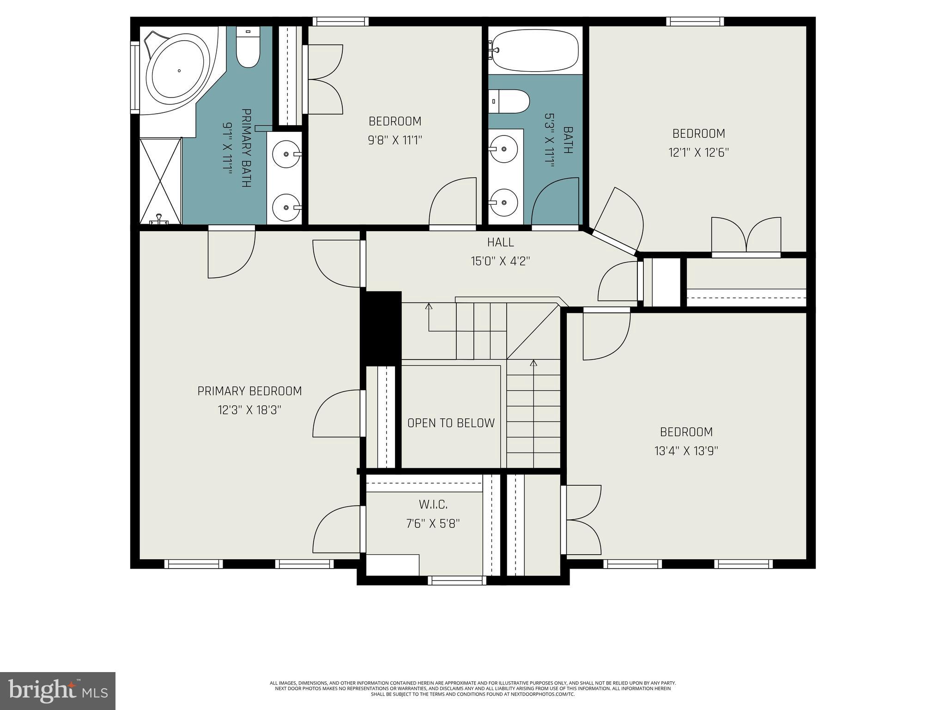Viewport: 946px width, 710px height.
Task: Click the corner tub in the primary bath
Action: coord(178,70)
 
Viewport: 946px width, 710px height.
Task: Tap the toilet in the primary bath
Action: coord(248,49)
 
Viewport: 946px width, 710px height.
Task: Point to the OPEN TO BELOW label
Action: coord(451,423)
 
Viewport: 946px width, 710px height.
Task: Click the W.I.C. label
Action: coord(433,504)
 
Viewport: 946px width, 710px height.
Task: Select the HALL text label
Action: coord(500,242)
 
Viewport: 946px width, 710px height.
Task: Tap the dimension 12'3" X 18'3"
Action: coord(249,410)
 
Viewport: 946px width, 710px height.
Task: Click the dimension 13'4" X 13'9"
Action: coord(686,451)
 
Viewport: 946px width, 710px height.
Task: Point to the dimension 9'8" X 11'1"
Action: coord(395,140)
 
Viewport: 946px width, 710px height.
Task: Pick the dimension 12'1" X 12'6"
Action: coord(698,153)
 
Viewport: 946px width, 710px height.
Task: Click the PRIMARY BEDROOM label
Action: coord(249,391)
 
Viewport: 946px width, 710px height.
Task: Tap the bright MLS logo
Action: coord(58,691)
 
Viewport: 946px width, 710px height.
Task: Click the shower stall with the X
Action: coord(161,180)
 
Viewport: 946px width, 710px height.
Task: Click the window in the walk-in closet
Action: coord(457,581)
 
